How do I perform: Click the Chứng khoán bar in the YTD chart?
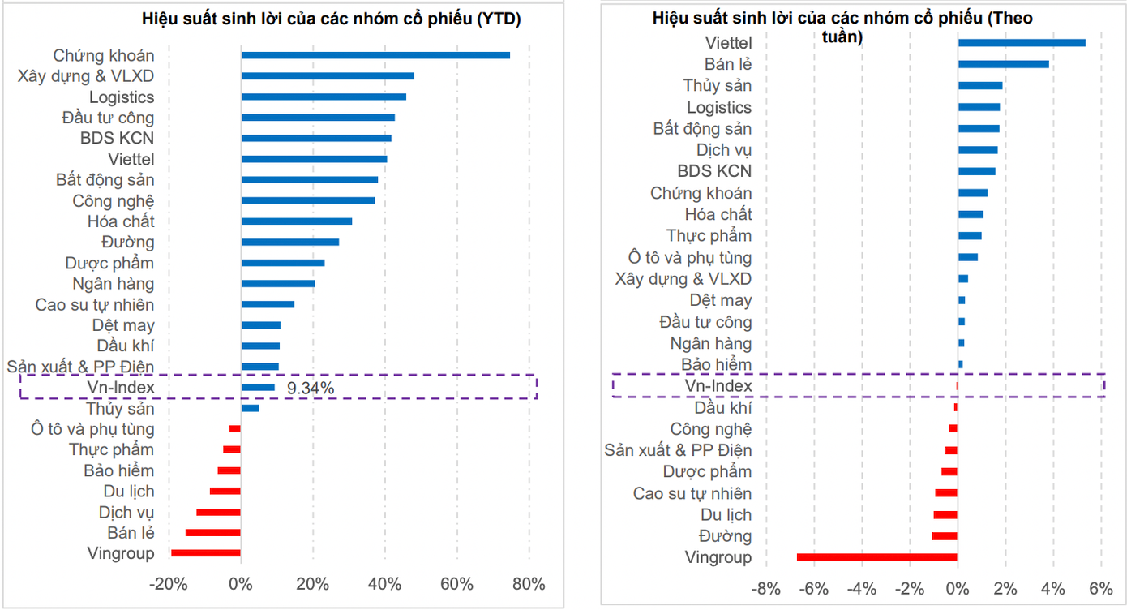375,55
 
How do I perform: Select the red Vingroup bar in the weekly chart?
876,557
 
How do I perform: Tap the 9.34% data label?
311,388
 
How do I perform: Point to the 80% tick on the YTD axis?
529,584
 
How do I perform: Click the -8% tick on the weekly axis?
766,588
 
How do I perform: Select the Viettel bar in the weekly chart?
1022,43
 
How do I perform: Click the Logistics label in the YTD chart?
122,97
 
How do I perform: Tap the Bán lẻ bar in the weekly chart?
1003,64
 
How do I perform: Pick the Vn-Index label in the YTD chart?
121,388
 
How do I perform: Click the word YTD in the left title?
497,19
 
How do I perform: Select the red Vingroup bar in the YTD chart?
205,553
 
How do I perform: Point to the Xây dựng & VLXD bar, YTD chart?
328,76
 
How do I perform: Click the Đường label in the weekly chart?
726,536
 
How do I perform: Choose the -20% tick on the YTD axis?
169,584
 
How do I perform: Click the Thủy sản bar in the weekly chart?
979,86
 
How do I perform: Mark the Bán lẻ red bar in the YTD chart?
212,532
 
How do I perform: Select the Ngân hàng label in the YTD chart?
113,284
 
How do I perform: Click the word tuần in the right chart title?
837,37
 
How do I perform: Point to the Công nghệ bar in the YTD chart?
308,200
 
